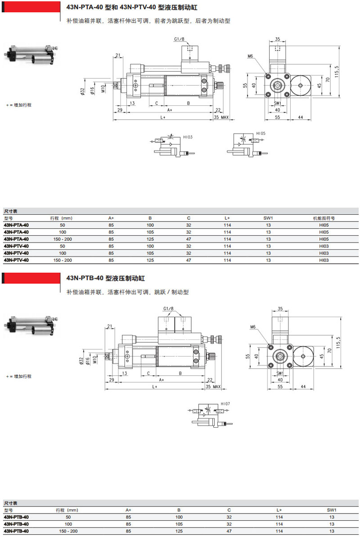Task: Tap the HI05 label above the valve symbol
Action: coord(261,134)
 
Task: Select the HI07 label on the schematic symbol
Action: coord(225,404)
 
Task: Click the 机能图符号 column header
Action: coord(324,218)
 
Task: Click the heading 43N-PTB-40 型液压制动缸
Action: coord(106,279)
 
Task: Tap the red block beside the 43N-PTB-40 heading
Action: coord(31,279)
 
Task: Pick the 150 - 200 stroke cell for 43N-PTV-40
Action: coord(63,260)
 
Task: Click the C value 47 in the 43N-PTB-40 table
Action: coord(229,531)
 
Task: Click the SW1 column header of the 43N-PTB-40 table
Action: coord(332,510)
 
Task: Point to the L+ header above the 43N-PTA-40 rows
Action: coord(228,218)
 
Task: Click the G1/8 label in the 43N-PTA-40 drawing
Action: coord(180,40)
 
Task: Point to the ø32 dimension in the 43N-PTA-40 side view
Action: coord(83,90)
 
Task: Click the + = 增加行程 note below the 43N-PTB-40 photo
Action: coord(19,376)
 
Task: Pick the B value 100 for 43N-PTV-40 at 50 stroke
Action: coord(150,246)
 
